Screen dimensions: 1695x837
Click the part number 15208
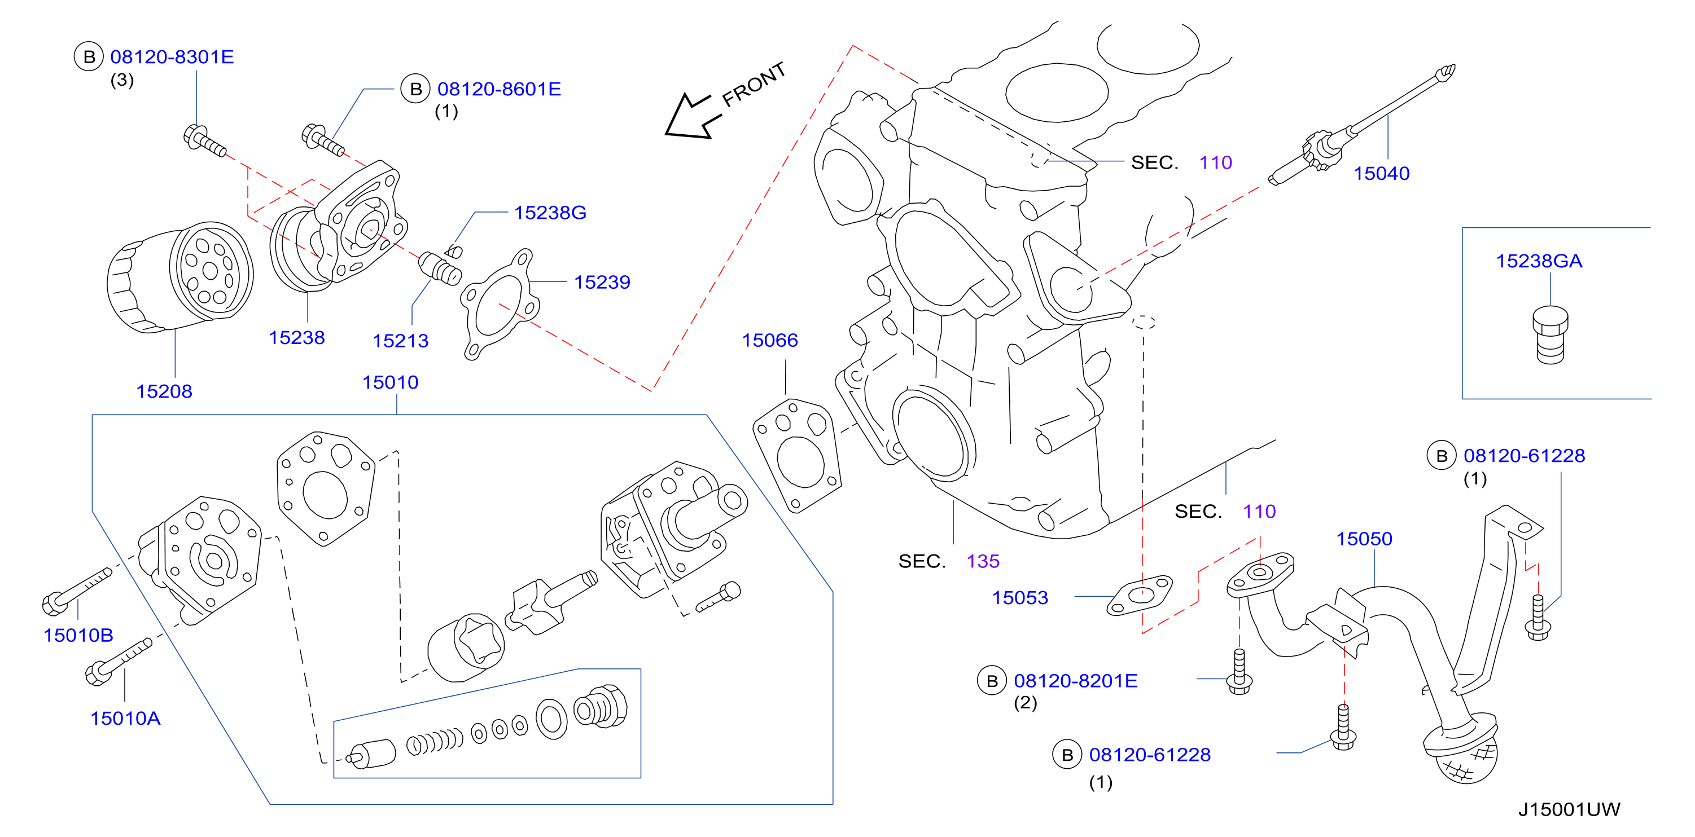pyautogui.click(x=164, y=391)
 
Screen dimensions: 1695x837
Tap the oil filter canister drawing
pyautogui.click(x=179, y=277)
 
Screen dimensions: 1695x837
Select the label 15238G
pyautogui.click(x=550, y=213)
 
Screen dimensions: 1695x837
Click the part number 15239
pyautogui.click(x=602, y=282)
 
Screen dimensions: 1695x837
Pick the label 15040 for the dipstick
pyautogui.click(x=1381, y=174)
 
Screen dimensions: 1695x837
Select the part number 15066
pyautogui.click(x=770, y=340)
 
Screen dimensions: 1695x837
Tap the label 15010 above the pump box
pyautogui.click(x=390, y=382)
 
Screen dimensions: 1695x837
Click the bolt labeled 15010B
pyautogui.click(x=76, y=592)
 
